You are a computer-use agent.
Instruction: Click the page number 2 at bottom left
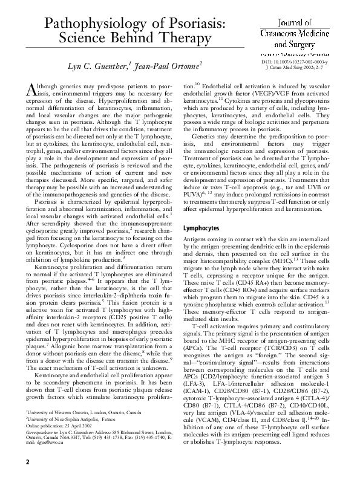tap(27, 462)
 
